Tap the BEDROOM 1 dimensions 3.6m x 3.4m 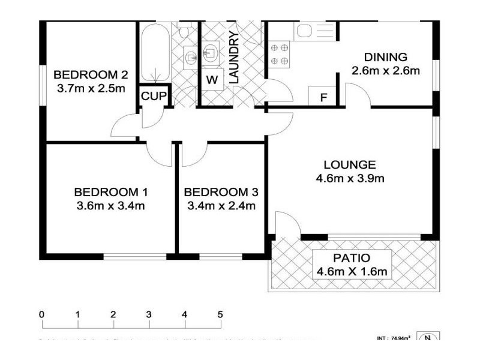point(110,206)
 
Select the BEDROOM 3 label point(221,193)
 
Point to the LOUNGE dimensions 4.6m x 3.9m point(349,178)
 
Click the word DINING point(385,58)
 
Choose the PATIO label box point(353,265)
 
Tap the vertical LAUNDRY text point(234,58)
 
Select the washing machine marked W point(212,79)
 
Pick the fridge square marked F point(323,97)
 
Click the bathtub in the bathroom point(156,54)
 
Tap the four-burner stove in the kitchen point(280,54)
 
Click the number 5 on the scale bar point(220,314)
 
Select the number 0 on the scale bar point(41,314)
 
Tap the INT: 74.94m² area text point(394,338)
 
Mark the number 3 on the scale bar point(148,314)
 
